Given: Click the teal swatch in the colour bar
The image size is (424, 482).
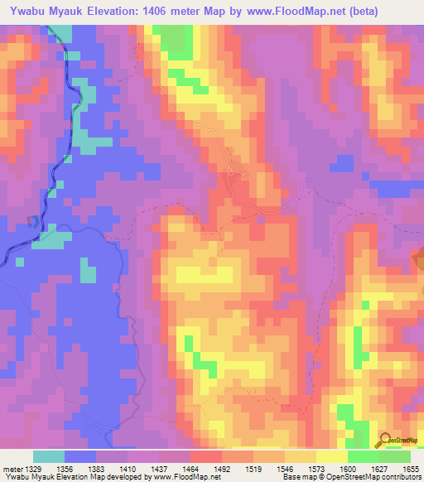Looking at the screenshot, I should coord(49,457).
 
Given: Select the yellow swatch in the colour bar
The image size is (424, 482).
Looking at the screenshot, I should coord(331,457).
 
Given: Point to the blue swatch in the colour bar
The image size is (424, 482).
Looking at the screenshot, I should coord(80,457).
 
